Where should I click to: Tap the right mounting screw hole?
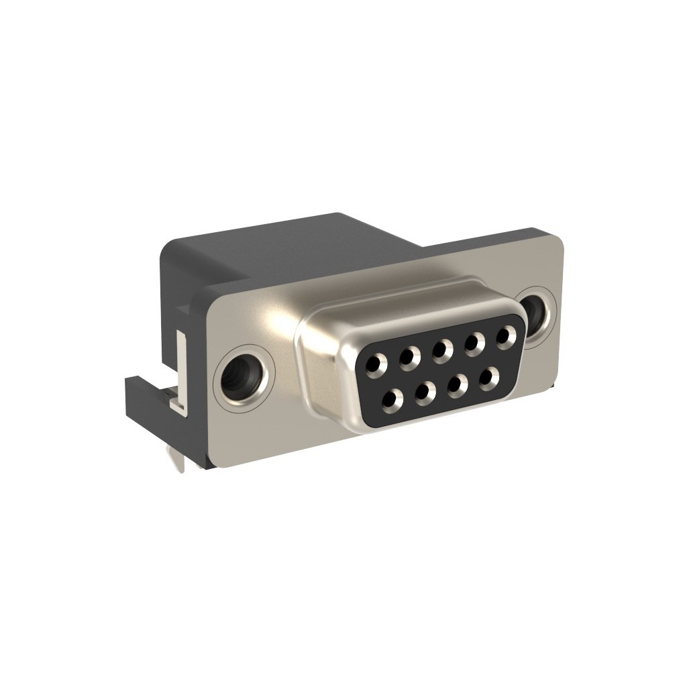pos(537,310)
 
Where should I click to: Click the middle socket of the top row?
pos(441,349)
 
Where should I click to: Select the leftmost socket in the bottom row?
pos(391,401)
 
